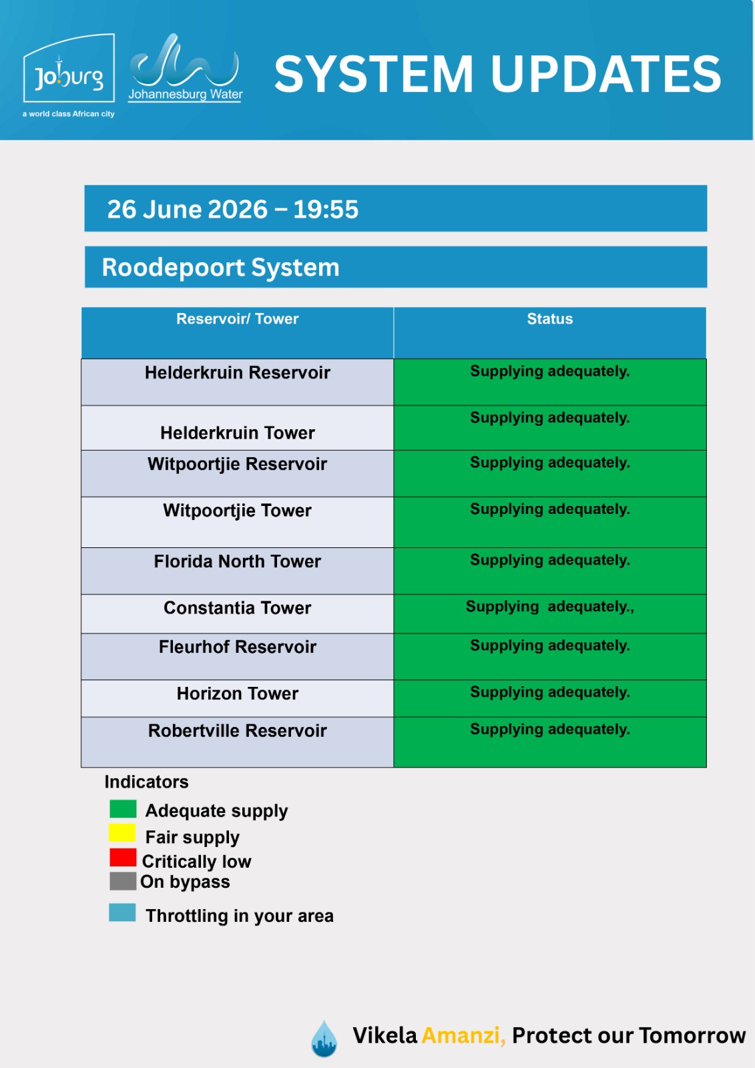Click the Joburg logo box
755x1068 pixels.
pyautogui.click(x=69, y=67)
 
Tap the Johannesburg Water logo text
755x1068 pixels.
pyautogui.click(x=186, y=94)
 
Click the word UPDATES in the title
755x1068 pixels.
pyautogui.click(x=605, y=74)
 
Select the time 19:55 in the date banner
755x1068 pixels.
pyautogui.click(x=325, y=210)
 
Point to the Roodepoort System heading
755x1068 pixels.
pyautogui.click(x=220, y=267)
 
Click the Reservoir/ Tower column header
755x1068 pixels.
pyautogui.click(x=238, y=318)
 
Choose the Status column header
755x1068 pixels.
pyautogui.click(x=549, y=318)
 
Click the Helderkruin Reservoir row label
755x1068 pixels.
pyautogui.click(x=238, y=372)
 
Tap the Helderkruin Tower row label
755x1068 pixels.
pyautogui.click(x=238, y=433)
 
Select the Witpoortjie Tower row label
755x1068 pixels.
pyautogui.click(x=237, y=511)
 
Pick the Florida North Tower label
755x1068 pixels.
pyautogui.click(x=237, y=561)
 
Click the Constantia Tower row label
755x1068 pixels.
pyautogui.click(x=237, y=608)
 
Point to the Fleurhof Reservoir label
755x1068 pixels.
pyautogui.click(x=238, y=647)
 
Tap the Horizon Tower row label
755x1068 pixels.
pyautogui.click(x=238, y=694)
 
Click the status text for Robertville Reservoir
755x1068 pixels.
pyautogui.click(x=550, y=730)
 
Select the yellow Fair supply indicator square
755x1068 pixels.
pyautogui.click(x=123, y=833)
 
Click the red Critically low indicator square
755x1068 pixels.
pyautogui.click(x=123, y=857)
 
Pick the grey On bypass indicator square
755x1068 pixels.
pyautogui.click(x=123, y=881)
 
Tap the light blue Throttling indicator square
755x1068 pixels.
pyautogui.click(x=122, y=912)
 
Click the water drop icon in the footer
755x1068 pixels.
pyautogui.click(x=324, y=1039)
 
